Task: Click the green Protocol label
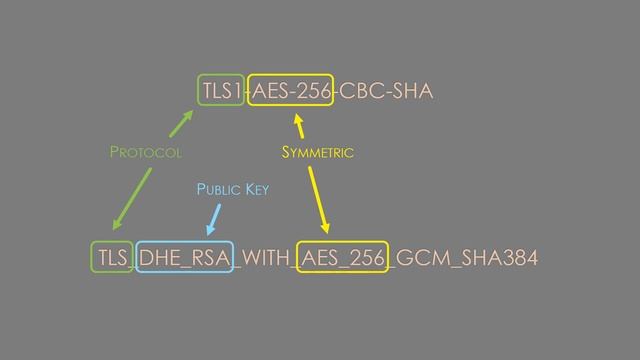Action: [145, 153]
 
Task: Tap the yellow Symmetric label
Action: [318, 153]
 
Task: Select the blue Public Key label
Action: [232, 189]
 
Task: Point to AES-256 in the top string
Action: [291, 93]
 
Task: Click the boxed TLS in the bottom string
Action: [111, 258]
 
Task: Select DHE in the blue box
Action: [161, 258]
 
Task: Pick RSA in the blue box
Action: [208, 258]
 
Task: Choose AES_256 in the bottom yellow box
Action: [343, 258]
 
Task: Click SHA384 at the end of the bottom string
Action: [497, 258]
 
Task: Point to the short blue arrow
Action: [214, 217]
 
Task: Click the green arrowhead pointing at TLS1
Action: [186, 118]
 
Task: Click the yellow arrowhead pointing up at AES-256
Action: [297, 122]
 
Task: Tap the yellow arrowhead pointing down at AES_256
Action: [325, 229]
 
